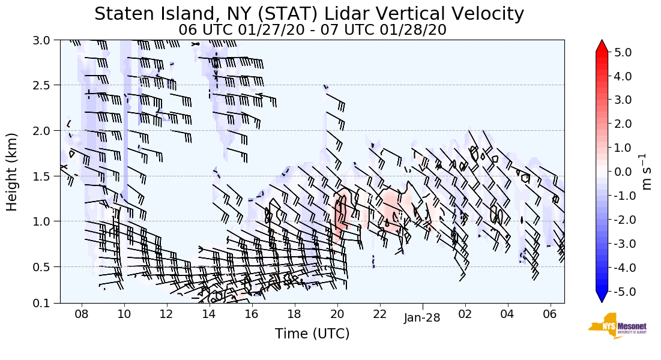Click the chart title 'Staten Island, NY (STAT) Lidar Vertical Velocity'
pos(309,14)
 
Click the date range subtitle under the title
pos(312,29)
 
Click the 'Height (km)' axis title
pos(13,171)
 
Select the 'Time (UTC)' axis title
pos(312,334)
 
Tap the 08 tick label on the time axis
pos(82,314)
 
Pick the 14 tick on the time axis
pos(209,314)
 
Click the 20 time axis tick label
pos(337,314)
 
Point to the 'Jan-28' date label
pos(422,318)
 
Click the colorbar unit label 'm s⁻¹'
pos(647,172)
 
